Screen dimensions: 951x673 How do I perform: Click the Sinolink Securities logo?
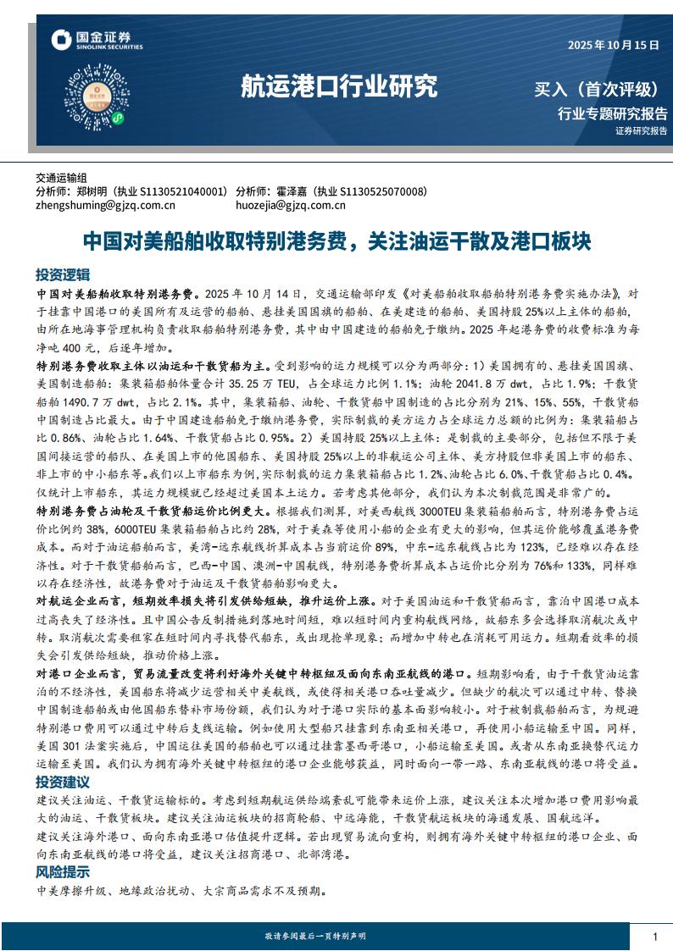click(92, 39)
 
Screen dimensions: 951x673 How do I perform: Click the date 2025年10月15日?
click(613, 46)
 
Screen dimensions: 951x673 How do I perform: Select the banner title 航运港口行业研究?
click(339, 86)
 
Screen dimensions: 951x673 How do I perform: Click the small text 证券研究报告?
click(641, 130)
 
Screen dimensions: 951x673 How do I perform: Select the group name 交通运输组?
click(61, 179)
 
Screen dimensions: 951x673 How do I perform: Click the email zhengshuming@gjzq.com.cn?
click(105, 204)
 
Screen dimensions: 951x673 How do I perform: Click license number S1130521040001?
click(182, 191)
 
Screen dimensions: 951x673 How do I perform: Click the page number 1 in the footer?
click(655, 936)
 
